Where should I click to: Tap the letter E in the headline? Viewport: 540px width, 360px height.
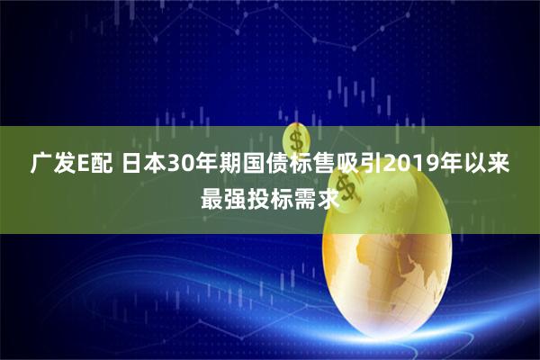pos(81,166)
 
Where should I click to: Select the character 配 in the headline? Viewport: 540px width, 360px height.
pos(101,166)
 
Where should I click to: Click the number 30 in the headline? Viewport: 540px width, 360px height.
pos(177,166)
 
